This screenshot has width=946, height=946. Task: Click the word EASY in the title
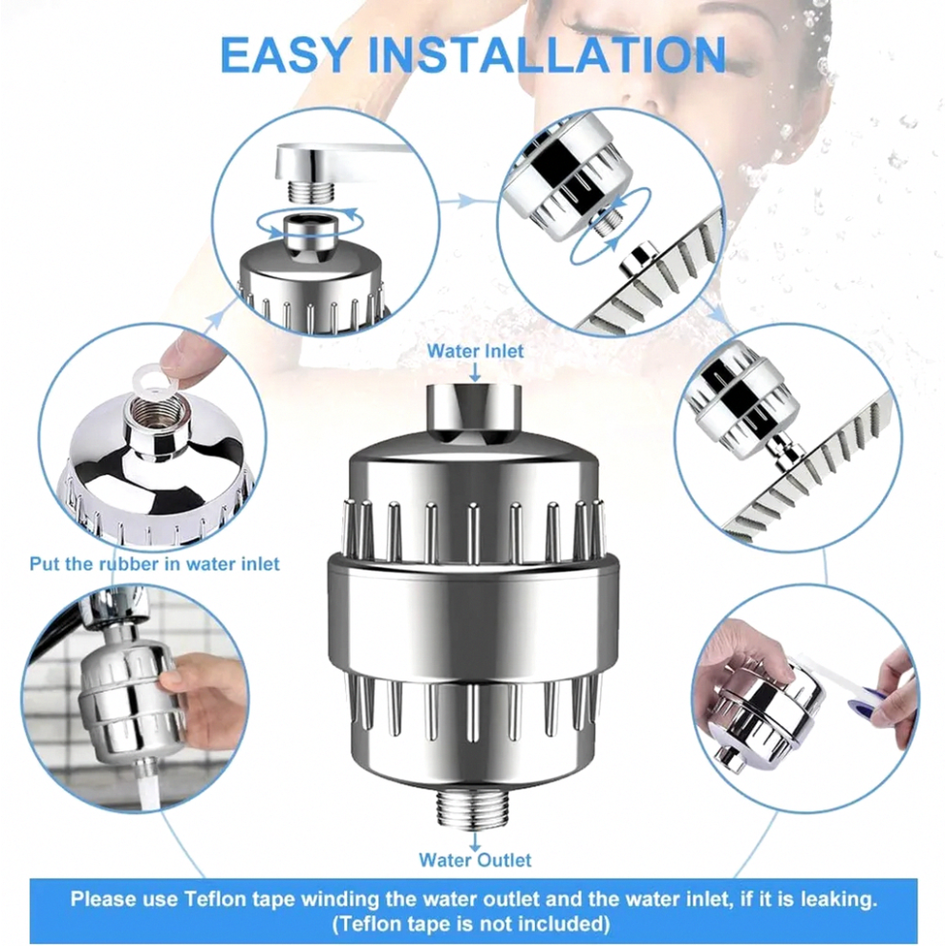[x=286, y=54]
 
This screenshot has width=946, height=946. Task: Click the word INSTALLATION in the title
[x=547, y=54]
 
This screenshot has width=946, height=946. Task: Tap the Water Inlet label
[x=476, y=351]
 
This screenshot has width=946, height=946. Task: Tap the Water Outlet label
[x=476, y=860]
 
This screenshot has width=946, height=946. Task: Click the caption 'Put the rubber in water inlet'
[x=155, y=564]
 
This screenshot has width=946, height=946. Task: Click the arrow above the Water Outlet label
[x=475, y=841]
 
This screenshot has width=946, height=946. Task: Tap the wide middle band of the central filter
[x=474, y=618]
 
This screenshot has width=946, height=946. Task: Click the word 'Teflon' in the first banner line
[x=214, y=899]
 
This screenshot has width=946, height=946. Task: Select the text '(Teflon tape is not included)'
[x=471, y=924]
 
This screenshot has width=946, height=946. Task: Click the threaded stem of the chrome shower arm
[x=307, y=191]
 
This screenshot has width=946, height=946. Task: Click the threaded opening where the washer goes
[x=158, y=417]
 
